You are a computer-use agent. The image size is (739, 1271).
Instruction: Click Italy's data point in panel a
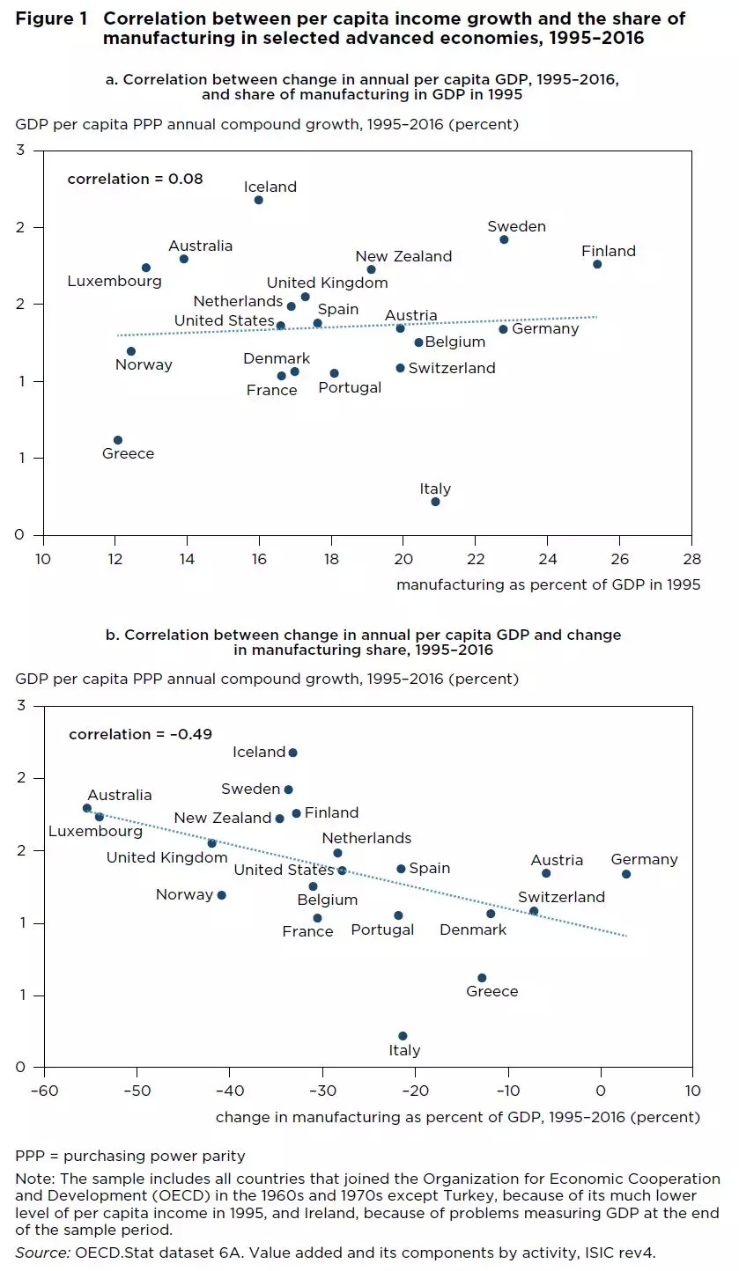[435, 502]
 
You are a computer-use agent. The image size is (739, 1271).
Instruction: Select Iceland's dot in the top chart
[259, 200]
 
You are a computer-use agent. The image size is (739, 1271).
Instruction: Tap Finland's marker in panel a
[597, 264]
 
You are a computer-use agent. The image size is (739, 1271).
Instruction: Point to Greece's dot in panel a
[118, 440]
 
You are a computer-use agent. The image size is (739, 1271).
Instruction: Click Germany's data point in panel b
[626, 874]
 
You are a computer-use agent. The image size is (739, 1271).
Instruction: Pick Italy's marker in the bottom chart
[403, 1036]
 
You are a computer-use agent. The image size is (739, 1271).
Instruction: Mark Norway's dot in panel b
[221, 895]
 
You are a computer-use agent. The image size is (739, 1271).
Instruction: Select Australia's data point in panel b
[87, 808]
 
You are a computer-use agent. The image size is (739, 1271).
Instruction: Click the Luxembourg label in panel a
[115, 282]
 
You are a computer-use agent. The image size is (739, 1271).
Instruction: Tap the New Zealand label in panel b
[222, 819]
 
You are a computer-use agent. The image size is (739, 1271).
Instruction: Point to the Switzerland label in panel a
[452, 369]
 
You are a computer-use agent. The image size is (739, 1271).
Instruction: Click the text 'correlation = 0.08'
[135, 180]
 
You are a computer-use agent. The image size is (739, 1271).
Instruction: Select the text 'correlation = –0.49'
[140, 734]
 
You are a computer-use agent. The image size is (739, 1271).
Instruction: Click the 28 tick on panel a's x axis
[692, 559]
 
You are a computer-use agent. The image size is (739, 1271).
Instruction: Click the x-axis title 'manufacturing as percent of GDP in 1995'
[548, 584]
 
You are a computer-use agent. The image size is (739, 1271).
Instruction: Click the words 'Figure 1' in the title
[49, 19]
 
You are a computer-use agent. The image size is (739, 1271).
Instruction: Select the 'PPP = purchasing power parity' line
[130, 1156]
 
